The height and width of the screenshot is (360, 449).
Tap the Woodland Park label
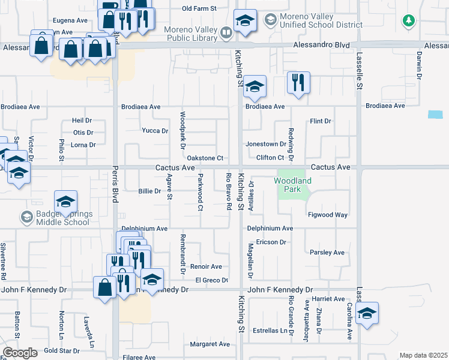293,185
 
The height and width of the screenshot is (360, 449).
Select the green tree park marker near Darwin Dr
409,21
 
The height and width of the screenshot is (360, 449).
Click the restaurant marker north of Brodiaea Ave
298,83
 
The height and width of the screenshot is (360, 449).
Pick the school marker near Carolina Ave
367,313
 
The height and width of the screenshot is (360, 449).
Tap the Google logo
20,353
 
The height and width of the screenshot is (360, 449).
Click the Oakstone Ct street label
205,158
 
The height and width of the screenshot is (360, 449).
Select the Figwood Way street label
328,215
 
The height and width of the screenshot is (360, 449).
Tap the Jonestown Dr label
266,145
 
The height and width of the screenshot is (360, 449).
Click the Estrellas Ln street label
270,330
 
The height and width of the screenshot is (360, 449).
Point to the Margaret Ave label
209,344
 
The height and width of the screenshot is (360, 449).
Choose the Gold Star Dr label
62,350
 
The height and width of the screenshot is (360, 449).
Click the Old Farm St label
199,8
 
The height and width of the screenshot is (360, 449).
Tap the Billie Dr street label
149,191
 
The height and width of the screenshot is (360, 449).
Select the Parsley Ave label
327,253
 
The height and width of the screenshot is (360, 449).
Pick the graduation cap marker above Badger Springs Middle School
66,202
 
